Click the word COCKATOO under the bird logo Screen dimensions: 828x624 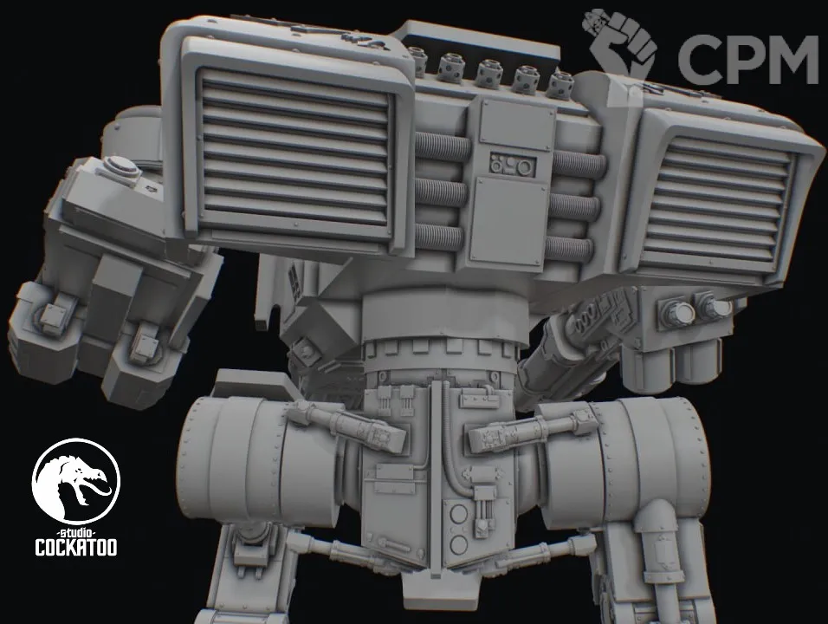click(x=76, y=548)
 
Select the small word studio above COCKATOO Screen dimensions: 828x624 click(x=76, y=531)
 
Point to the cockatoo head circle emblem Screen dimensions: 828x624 click(x=76, y=481)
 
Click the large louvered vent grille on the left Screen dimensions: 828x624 click(x=295, y=153)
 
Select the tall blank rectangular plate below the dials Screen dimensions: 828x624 click(x=508, y=221)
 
